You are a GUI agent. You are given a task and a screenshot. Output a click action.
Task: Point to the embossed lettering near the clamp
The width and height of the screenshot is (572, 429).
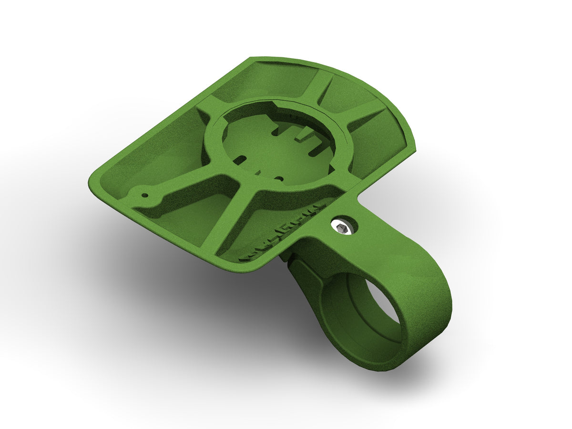click(281, 234)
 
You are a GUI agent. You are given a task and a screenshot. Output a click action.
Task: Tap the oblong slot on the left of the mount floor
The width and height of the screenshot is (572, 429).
click(242, 159)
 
